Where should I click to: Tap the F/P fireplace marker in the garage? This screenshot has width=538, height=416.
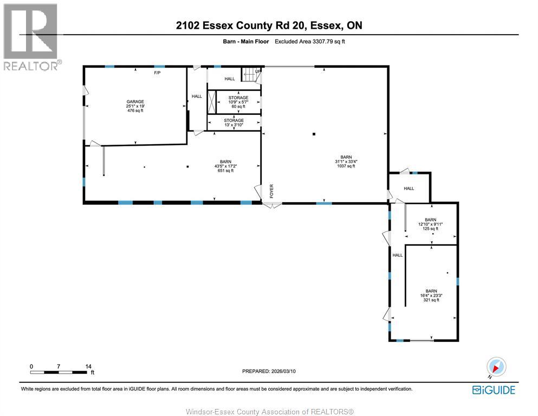point(157,73)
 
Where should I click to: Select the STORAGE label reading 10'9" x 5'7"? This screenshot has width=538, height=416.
point(238,102)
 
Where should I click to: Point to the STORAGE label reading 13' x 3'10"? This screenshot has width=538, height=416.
point(234,122)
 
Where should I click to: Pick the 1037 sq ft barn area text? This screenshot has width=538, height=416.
point(346,166)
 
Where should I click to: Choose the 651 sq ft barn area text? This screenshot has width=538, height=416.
point(225,171)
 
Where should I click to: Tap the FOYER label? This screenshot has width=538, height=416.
point(271,191)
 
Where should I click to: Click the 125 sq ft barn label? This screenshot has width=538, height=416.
point(430,229)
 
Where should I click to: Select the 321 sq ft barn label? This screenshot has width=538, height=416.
point(431,300)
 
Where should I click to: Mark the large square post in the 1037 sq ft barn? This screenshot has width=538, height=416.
point(314,134)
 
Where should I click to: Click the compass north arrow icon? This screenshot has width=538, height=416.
point(496,367)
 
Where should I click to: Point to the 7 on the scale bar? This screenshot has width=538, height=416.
point(59,366)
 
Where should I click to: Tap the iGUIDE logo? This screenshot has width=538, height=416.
point(494,390)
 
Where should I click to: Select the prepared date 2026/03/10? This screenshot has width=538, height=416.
point(283,371)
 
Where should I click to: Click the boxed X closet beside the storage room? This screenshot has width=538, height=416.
point(212,102)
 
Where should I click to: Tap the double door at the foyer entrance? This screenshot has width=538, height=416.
point(272,205)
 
